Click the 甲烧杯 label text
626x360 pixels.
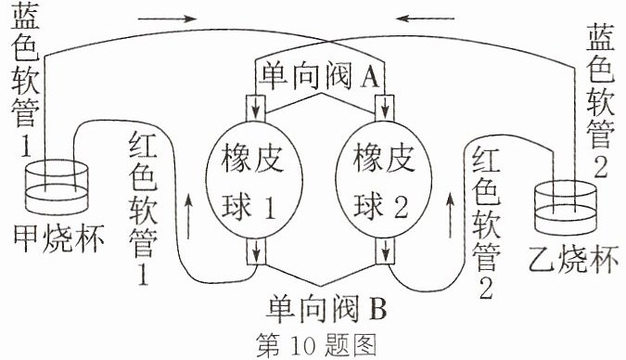pos(58,239)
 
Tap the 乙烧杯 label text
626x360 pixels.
pos(573,259)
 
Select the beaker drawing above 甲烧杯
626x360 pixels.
pos(57,187)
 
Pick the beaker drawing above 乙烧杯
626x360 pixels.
pos(566,208)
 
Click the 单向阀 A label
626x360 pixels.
pos(319,75)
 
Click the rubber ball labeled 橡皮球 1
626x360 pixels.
pos(254,180)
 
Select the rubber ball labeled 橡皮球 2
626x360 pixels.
pos(383,180)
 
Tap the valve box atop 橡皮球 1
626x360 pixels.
pos(255,108)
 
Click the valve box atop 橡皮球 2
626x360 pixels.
pos(385,108)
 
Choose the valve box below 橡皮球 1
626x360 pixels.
pos(256,251)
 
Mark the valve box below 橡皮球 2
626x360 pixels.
pos(385,251)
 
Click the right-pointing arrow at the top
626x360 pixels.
pos(167,19)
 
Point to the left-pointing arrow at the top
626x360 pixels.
pos(425,19)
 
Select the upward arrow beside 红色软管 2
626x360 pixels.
pos(451,214)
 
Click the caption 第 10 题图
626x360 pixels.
pos(316,344)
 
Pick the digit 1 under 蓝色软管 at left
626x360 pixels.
pos(26,146)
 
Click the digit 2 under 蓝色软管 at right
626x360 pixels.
pos(600,165)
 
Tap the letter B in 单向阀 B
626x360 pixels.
pos(377,309)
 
